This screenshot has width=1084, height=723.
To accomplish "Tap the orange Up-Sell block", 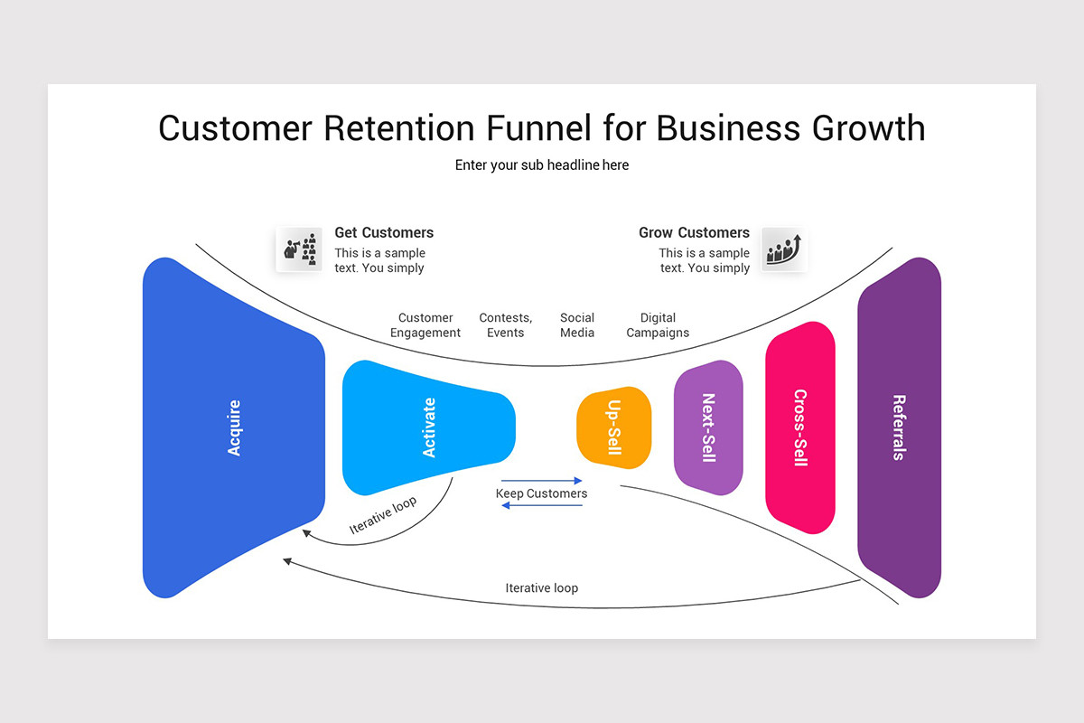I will [x=614, y=427].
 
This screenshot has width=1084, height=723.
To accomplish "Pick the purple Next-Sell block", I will [x=708, y=427].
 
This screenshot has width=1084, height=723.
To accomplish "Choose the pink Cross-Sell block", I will [x=799, y=427].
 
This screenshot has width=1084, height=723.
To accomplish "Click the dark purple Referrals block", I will [x=899, y=427].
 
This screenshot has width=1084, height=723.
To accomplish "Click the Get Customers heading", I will [x=384, y=232].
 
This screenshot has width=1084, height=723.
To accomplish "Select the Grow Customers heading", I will [x=694, y=232].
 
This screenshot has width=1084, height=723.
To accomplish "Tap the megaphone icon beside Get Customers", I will [x=300, y=249].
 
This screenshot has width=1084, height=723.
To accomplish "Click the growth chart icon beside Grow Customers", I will [x=783, y=249].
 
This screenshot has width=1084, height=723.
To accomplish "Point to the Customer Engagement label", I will [x=425, y=325].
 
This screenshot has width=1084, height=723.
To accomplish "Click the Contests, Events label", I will [x=505, y=325].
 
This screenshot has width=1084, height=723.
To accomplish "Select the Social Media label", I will [x=577, y=325].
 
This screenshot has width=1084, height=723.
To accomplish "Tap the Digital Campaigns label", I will [x=658, y=325].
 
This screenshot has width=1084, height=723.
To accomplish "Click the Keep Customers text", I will [x=541, y=493].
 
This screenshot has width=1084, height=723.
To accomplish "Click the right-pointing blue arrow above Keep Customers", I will [x=542, y=481].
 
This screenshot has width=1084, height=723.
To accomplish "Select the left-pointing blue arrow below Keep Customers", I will [x=542, y=505].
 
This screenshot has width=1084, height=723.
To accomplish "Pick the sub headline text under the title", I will [x=542, y=165].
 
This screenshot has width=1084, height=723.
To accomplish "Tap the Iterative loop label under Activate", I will [x=383, y=515].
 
